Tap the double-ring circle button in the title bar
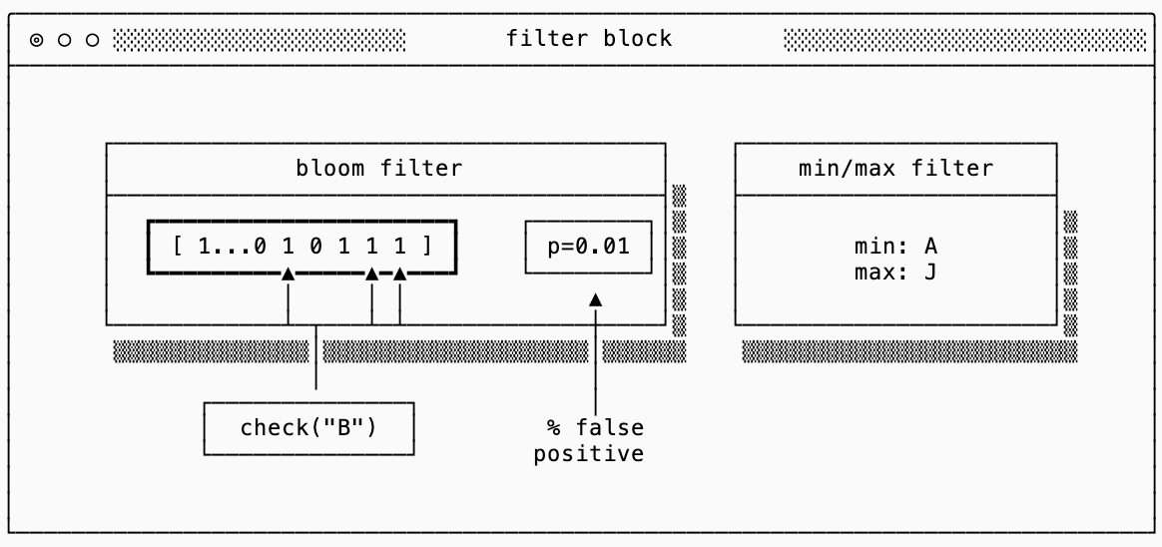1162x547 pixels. coord(37,40)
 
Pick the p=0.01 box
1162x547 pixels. coord(588,246)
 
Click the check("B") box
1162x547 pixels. coord(308,428)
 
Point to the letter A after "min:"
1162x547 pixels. coord(930,246)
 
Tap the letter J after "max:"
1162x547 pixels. coord(930,272)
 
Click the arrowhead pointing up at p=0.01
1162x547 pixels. coord(595,298)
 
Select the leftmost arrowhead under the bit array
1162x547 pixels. coord(288,273)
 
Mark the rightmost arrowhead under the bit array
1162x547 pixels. coord(399,273)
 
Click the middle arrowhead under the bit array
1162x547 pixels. coord(371,273)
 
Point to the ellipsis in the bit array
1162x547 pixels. coord(232,246)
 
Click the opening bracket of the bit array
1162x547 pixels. coord(177,246)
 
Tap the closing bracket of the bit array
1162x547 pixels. coord(427,246)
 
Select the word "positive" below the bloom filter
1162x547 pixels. coord(588,455)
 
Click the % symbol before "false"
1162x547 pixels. coord(553,428)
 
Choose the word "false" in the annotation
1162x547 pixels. coord(609,428)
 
